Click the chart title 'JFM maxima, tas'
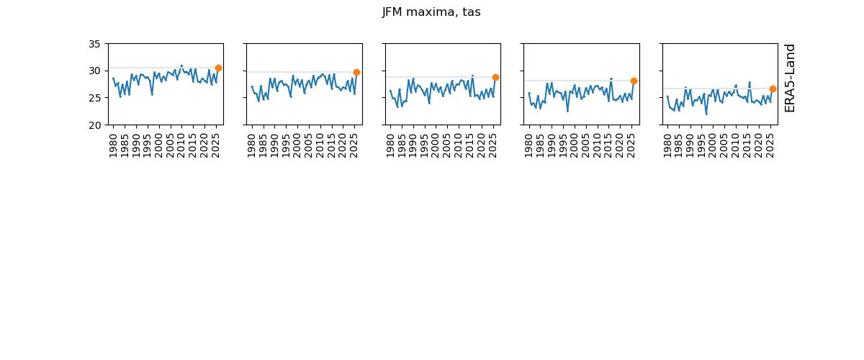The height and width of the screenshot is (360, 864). (431, 12)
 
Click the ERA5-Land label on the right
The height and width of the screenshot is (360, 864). (790, 78)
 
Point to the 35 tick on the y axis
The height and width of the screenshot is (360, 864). (94, 44)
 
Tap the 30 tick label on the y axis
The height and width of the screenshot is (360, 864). (94, 71)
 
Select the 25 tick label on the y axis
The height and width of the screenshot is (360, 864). (94, 98)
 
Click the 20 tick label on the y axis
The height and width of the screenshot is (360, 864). (94, 125)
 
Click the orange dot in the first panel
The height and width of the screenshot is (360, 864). (218, 68)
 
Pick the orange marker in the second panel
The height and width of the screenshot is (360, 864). (356, 72)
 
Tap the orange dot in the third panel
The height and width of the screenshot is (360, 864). (495, 77)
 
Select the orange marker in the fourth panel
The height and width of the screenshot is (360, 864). (634, 81)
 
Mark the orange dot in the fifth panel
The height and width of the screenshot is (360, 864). (773, 89)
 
